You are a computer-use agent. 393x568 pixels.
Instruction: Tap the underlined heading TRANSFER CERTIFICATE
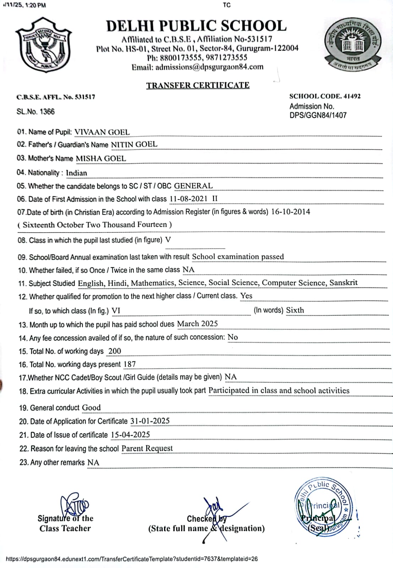click(198, 85)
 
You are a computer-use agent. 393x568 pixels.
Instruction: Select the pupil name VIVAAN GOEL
click(102, 132)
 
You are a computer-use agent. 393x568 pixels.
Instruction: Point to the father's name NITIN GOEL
click(134, 144)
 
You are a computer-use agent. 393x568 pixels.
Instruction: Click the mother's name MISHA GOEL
click(101, 158)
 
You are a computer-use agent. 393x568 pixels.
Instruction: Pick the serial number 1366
click(47, 111)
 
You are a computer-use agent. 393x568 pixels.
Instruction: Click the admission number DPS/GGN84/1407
click(318, 115)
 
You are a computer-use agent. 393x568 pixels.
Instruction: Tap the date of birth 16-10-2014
click(290, 212)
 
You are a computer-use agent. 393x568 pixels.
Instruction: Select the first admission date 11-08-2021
click(189, 199)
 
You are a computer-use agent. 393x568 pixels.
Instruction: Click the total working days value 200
click(115, 351)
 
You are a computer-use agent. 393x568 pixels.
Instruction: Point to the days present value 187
click(130, 364)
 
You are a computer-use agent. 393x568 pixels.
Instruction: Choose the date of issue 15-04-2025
click(130, 435)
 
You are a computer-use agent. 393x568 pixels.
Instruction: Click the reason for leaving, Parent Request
click(147, 448)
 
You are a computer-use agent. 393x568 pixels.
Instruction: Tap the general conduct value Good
click(91, 408)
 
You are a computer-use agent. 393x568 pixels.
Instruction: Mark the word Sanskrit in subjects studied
click(343, 283)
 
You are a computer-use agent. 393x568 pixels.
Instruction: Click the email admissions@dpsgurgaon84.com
click(209, 67)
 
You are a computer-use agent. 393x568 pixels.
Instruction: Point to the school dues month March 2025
click(197, 324)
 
